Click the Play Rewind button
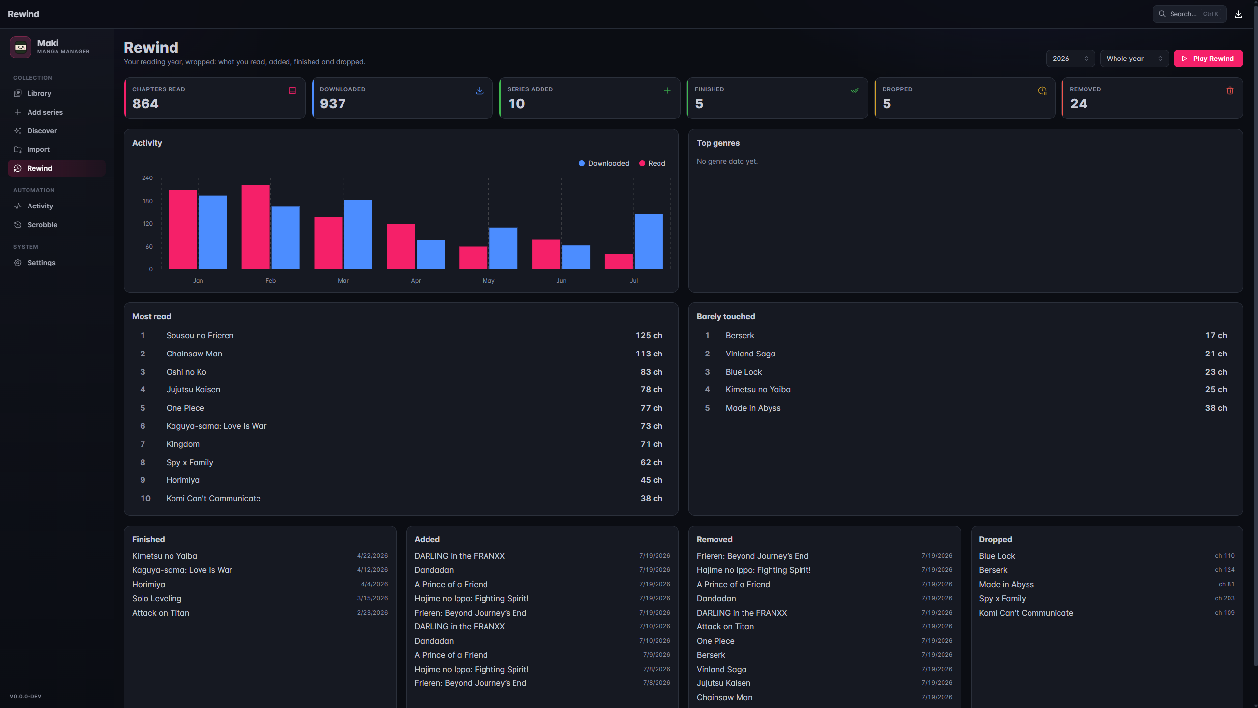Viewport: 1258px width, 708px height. point(1208,59)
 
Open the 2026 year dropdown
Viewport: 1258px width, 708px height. point(1070,59)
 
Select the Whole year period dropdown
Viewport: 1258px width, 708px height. point(1134,59)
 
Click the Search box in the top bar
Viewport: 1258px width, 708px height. point(1189,14)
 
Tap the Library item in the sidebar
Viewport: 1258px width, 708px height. point(39,93)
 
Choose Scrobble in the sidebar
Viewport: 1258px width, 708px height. point(42,225)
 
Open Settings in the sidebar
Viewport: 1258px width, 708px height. point(41,263)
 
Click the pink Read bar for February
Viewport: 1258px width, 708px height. point(256,227)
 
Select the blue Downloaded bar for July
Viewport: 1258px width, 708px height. point(649,242)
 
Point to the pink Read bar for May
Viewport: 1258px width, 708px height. point(473,258)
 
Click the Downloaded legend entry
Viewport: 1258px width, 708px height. point(604,163)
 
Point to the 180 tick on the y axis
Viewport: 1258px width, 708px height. point(147,201)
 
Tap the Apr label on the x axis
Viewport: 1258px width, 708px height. point(416,281)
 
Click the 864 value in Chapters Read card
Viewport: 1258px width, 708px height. point(145,104)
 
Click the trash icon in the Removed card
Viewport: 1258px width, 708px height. point(1230,90)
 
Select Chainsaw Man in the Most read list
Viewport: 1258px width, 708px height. point(194,354)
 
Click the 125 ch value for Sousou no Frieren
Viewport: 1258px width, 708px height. point(649,335)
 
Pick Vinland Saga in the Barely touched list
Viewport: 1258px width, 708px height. point(750,354)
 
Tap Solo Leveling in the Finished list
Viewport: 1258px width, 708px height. point(157,598)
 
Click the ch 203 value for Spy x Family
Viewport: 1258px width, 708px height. point(1225,598)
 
